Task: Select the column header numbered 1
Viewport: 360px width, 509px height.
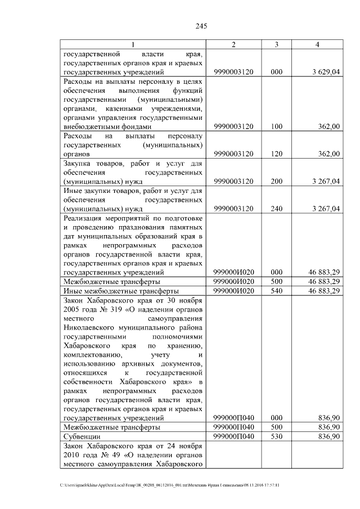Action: coord(133,44)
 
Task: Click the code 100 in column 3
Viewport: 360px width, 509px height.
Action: coord(276,127)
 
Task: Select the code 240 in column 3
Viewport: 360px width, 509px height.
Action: coord(276,209)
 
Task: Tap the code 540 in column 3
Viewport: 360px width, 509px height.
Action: coord(276,291)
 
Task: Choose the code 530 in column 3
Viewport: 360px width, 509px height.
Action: coord(276,436)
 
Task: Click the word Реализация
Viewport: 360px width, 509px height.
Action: coord(86,218)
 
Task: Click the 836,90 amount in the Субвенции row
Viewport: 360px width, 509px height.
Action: coord(328,436)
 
